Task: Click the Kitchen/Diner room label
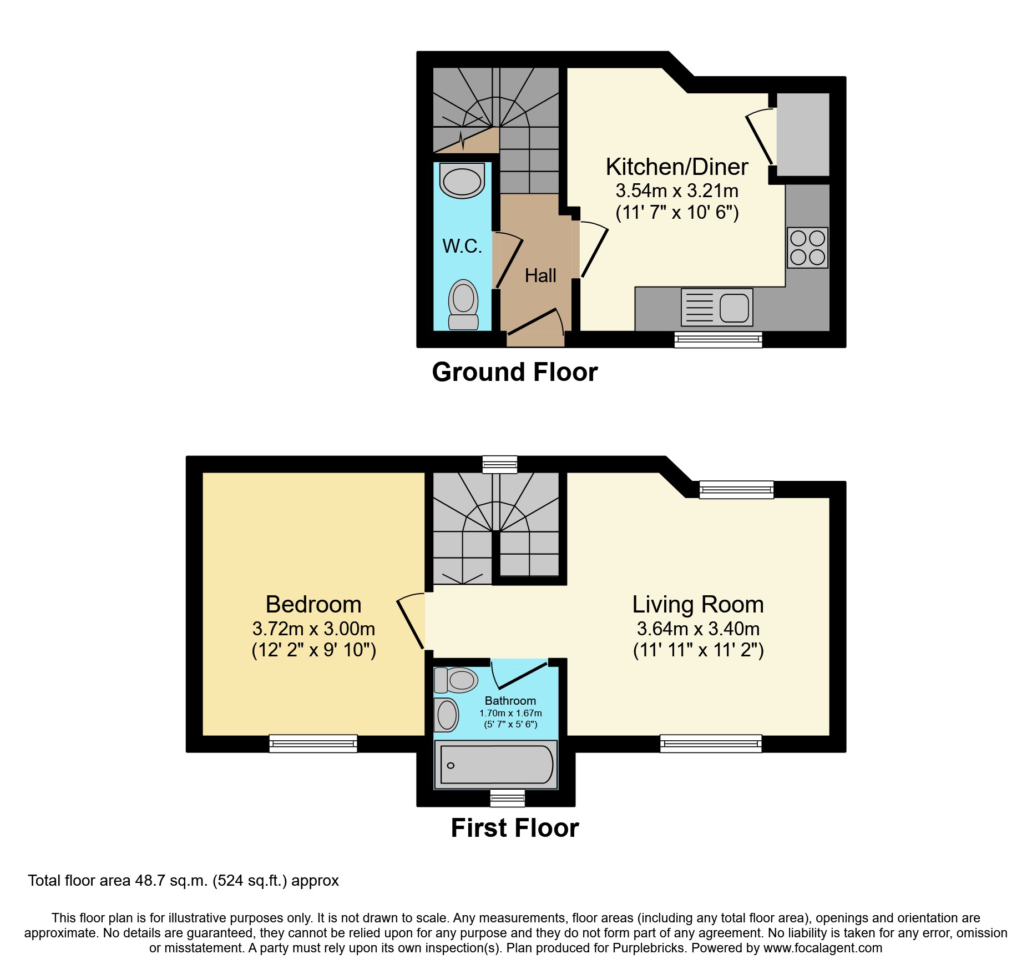676,167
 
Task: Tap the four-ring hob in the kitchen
807,248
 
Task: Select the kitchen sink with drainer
717,307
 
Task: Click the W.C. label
462,246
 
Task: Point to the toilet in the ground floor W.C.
463,305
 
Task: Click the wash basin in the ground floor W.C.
462,181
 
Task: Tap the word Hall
540,275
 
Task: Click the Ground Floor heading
514,372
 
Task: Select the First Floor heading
514,828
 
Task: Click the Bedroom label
313,604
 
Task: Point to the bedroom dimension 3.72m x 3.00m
313,629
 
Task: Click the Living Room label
697,604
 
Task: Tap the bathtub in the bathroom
495,765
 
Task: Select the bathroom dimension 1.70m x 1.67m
510,713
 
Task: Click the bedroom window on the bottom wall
313,743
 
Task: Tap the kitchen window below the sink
718,339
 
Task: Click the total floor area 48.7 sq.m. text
183,881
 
